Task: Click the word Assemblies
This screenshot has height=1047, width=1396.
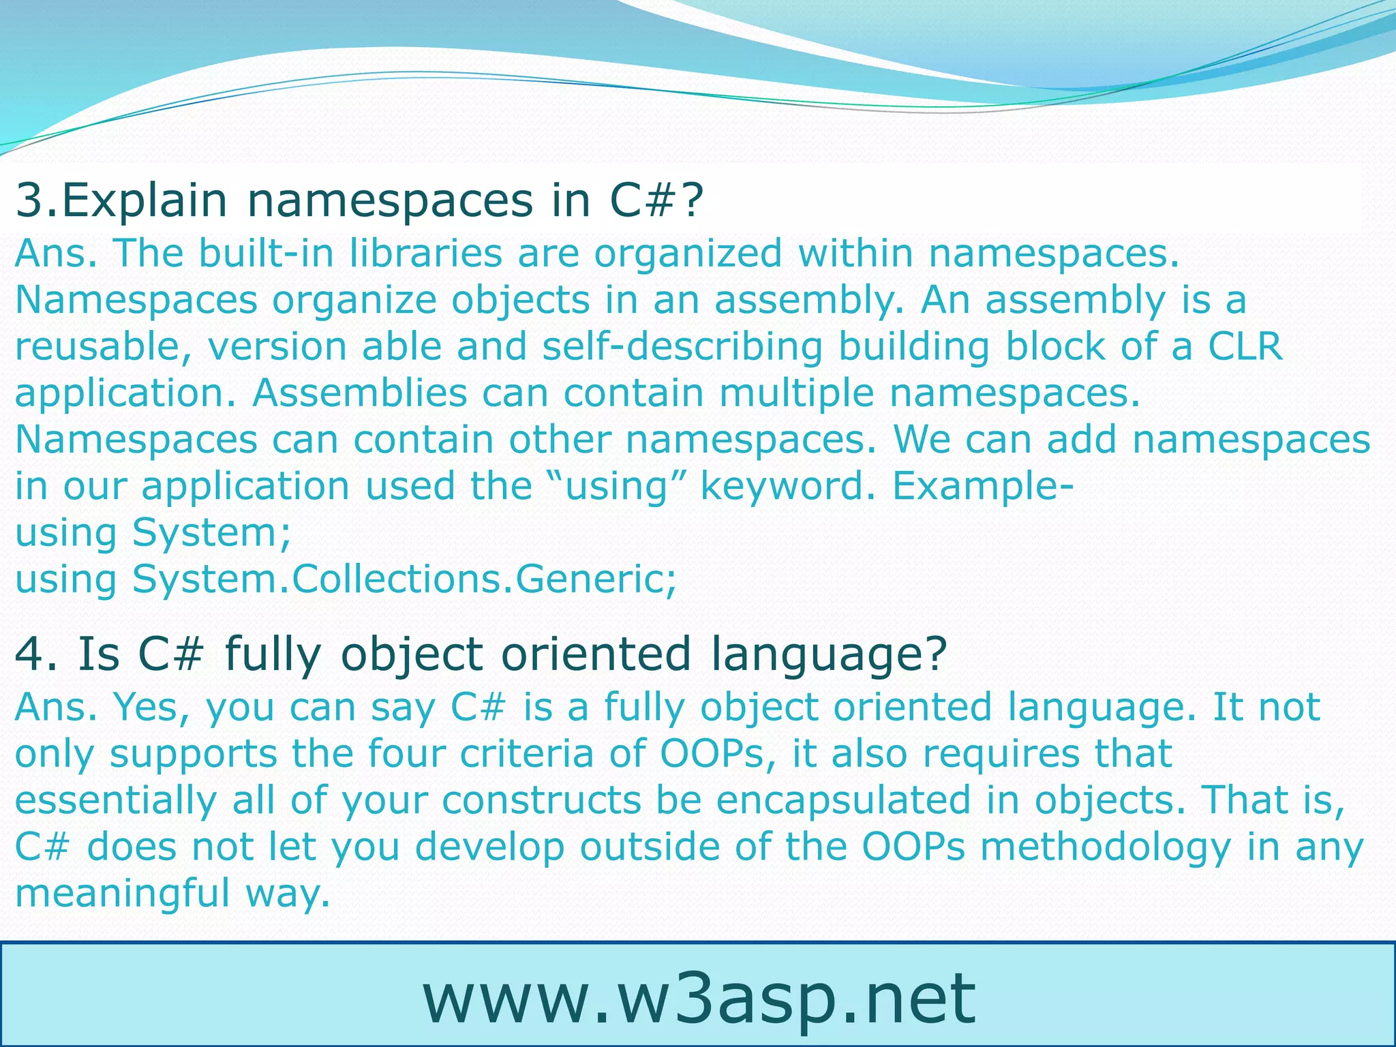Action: point(360,393)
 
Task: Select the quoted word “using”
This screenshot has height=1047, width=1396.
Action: point(616,487)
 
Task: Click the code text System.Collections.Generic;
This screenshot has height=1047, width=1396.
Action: point(405,579)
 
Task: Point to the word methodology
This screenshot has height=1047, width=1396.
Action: point(1106,847)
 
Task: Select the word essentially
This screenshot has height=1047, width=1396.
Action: point(115,800)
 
